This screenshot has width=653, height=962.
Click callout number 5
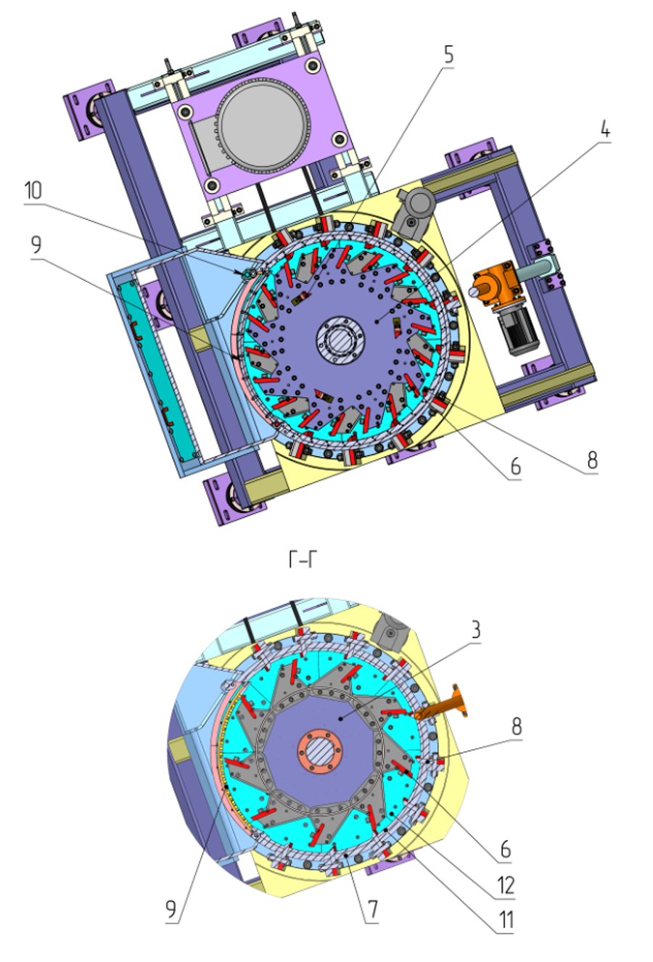point(448,54)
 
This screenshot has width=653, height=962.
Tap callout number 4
point(605,129)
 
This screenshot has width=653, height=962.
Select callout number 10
point(33,190)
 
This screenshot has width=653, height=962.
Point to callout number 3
point(475,630)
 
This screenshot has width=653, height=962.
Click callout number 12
point(506,885)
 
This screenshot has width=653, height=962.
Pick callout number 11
point(506,919)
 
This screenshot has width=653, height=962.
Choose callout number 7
point(372,909)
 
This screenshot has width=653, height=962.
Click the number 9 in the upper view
point(36,244)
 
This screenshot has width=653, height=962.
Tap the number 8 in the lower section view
point(517,726)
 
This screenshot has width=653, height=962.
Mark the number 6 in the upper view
point(516,466)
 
